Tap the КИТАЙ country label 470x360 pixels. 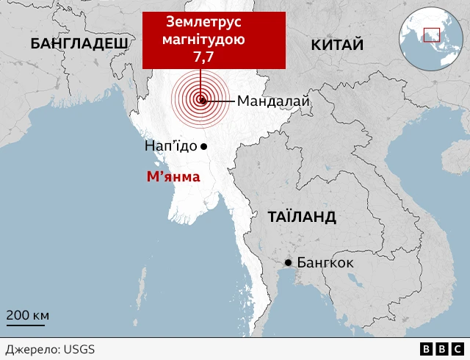(337, 46)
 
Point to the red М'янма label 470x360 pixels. (173, 176)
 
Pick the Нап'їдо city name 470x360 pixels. (170, 146)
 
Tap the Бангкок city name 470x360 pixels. (325, 263)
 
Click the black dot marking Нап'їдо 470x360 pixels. (204, 146)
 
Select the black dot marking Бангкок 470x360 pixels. (289, 263)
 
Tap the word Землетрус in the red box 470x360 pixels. (214, 23)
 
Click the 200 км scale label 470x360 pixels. (28, 315)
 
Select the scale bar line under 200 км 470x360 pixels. (26, 324)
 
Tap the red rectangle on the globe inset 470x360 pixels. (431, 35)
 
